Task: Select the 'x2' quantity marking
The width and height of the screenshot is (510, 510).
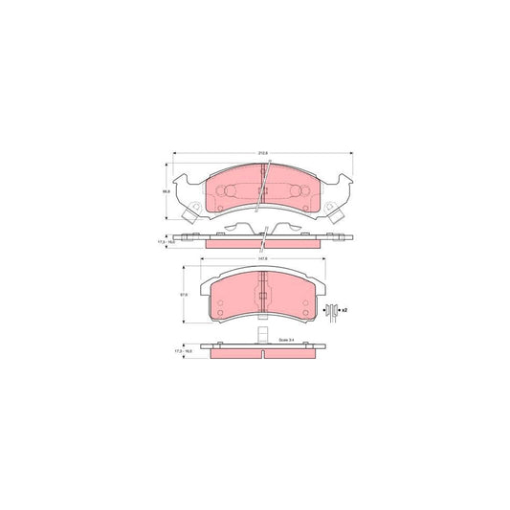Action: click(x=344, y=310)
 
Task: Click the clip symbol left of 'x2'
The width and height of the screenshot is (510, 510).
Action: click(x=331, y=310)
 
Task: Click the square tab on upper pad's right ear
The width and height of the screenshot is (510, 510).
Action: click(x=339, y=215)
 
